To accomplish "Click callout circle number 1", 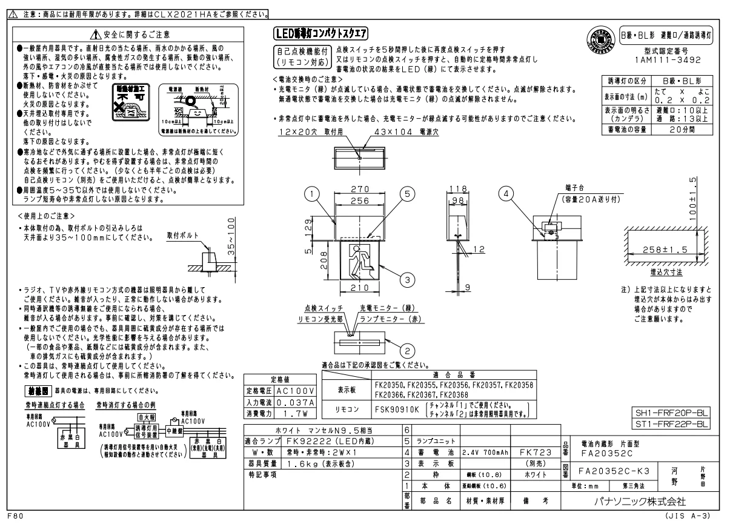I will coord(312,194).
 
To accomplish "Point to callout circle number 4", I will coord(506,194).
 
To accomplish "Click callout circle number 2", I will coord(406,351).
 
